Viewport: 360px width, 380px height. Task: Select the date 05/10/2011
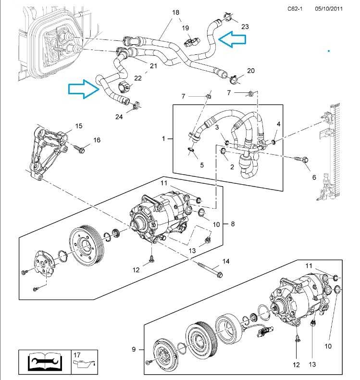click(x=329, y=8)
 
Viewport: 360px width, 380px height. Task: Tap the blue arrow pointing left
click(x=231, y=40)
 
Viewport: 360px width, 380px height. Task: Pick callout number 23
click(x=245, y=26)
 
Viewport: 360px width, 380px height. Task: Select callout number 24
click(x=119, y=116)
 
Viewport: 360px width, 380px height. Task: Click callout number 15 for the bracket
click(x=79, y=126)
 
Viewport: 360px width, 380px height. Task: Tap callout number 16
click(x=97, y=140)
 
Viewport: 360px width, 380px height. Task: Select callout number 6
click(x=314, y=177)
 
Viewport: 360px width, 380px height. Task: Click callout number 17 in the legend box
click(x=77, y=355)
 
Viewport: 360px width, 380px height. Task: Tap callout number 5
click(x=202, y=165)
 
